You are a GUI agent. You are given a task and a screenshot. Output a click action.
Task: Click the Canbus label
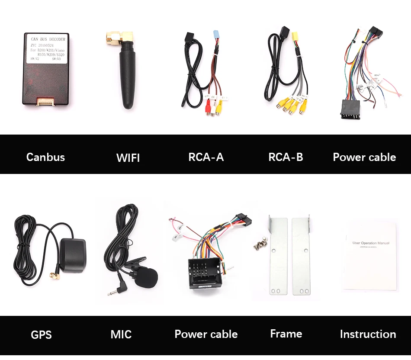tap(45, 157)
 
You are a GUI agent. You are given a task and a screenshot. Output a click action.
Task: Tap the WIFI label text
tap(128, 158)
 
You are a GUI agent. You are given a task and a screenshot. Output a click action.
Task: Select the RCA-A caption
tap(206, 157)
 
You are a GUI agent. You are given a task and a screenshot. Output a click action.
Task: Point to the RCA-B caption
tap(286, 157)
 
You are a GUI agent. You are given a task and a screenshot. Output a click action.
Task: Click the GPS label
tap(41, 334)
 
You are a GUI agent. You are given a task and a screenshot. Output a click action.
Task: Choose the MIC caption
tap(121, 334)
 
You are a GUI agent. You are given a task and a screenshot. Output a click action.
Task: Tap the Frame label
tap(286, 334)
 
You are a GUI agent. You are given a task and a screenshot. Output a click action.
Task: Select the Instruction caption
tap(368, 334)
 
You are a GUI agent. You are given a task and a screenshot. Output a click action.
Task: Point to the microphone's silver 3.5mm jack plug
tap(112, 292)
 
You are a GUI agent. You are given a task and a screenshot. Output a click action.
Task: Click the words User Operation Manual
tap(371, 243)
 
